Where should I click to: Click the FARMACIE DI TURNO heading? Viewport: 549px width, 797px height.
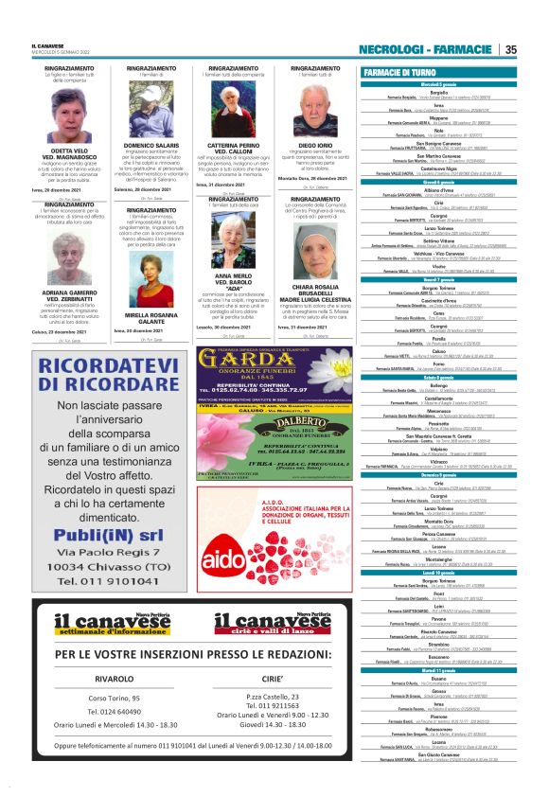398,72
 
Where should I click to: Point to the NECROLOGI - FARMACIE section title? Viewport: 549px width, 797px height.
426,49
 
